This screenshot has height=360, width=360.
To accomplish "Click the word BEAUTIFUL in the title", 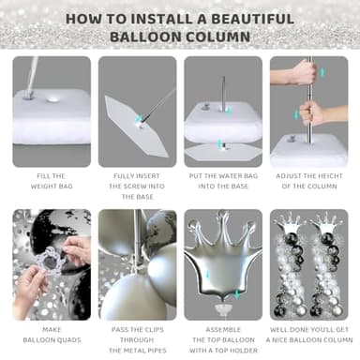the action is click(252, 19).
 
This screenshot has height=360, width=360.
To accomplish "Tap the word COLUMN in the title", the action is click(218, 37).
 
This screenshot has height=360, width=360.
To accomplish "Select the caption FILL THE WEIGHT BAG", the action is click(52, 181).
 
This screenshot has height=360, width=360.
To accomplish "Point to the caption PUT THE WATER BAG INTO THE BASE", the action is click(223, 181).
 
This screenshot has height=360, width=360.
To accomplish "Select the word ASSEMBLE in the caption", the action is click(223, 330).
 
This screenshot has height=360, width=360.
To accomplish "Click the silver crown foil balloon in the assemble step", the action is click(223, 257).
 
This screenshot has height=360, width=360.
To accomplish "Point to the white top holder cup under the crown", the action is click(223, 308).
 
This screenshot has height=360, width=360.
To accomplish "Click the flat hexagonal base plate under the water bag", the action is click(223, 152).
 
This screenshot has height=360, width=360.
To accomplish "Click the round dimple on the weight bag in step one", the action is click(52, 99).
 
